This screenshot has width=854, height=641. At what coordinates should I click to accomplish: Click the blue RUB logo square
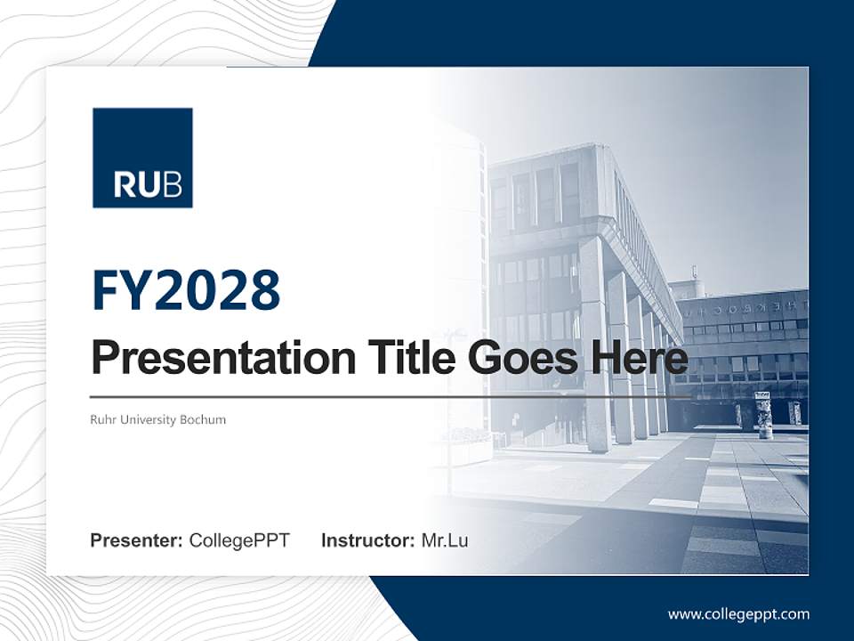pyautogui.click(x=142, y=158)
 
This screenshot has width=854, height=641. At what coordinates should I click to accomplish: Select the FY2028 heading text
pyautogui.click(x=186, y=290)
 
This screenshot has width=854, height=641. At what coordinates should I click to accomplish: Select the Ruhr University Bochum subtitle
pyautogui.click(x=158, y=419)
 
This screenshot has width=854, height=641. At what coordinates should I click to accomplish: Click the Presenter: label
pyautogui.click(x=137, y=540)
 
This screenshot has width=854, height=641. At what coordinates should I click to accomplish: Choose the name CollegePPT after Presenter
pyautogui.click(x=239, y=540)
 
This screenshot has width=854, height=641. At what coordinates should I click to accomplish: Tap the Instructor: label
pyautogui.click(x=368, y=540)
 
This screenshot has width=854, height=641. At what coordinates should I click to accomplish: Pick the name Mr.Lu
pyautogui.click(x=445, y=540)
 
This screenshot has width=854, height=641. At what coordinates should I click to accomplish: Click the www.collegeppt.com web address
pyautogui.click(x=738, y=614)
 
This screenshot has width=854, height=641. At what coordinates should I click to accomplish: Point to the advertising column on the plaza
pyautogui.click(x=764, y=415)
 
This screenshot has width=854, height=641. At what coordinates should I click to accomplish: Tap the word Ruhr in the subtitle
pyautogui.click(x=103, y=419)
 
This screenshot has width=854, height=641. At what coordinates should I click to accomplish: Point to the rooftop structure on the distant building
pyautogui.click(x=686, y=287)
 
